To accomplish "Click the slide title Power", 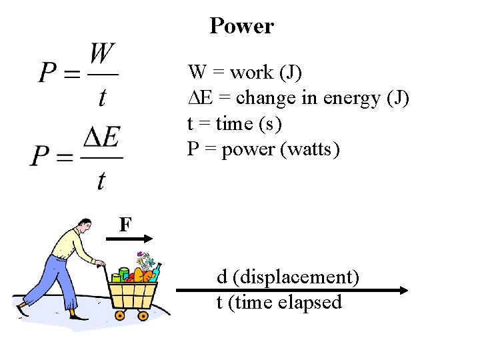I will coord(241,26).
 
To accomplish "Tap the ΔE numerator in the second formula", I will coord(101,139).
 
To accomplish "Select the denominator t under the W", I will coord(102,97).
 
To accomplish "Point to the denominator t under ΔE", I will coord(101,179).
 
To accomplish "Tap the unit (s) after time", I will coord(270,124).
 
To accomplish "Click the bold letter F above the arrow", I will coord(125,225).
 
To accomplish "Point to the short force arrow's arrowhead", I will coord(150,238).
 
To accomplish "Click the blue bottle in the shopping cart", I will coord(156,272).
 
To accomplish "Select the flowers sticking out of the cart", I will coord(143,259).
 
